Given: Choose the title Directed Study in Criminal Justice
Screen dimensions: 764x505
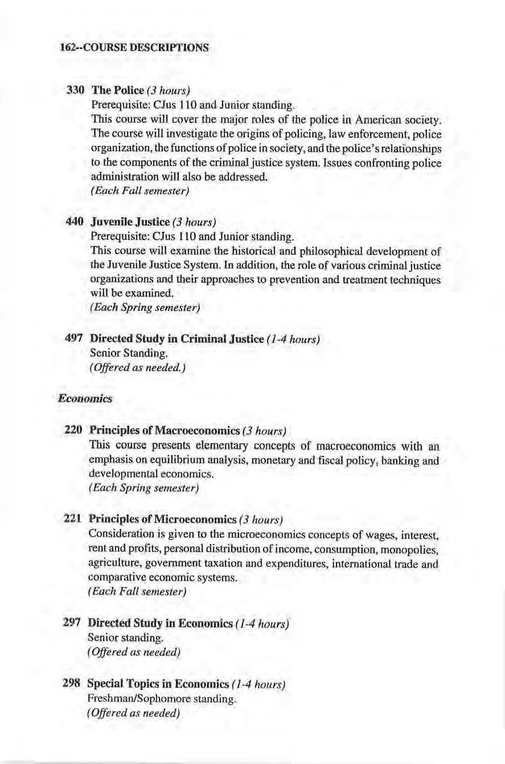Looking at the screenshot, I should click(166, 340).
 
